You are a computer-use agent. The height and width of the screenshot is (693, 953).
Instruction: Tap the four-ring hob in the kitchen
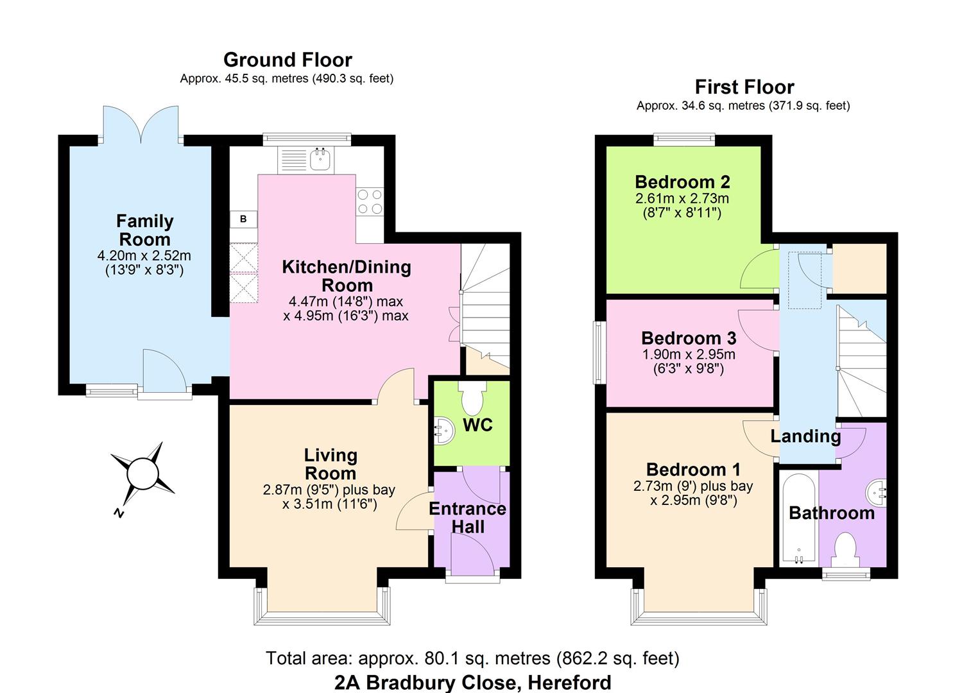click(370, 201)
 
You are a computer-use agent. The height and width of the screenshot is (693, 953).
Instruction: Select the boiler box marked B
click(243, 219)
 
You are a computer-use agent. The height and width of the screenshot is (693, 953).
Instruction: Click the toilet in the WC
click(472, 397)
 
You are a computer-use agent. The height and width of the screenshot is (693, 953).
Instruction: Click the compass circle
click(143, 474)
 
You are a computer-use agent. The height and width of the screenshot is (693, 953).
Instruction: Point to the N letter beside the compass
click(119, 513)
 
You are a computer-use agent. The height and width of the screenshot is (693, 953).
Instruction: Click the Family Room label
click(144, 230)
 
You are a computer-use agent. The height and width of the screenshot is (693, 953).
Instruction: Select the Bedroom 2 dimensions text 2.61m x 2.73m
click(682, 198)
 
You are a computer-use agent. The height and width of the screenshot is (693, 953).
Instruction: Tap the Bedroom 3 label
click(689, 338)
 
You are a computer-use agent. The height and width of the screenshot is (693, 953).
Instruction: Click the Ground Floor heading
click(288, 60)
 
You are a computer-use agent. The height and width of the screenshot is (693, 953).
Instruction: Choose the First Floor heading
click(744, 87)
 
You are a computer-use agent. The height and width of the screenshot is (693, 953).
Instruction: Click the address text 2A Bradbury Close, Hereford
click(473, 682)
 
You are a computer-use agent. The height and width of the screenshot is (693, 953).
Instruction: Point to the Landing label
click(806, 436)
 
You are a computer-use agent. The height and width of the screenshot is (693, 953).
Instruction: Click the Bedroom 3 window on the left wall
click(600, 353)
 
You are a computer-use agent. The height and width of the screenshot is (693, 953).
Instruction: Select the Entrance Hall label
click(468, 518)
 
